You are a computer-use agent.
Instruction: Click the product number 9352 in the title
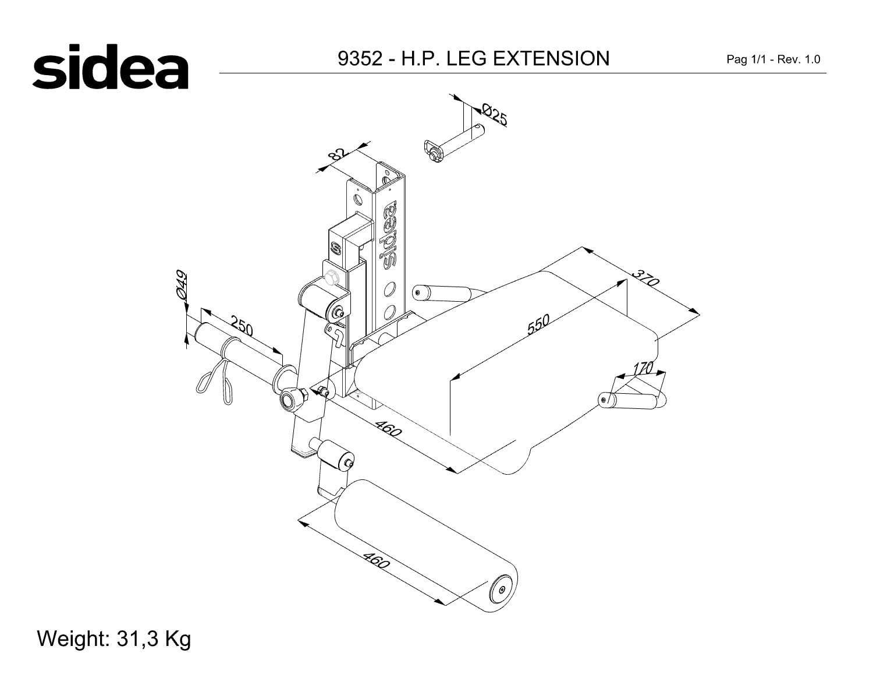(x=360, y=58)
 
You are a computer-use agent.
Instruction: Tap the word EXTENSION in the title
(x=551, y=58)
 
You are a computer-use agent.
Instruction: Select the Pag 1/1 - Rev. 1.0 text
(x=773, y=59)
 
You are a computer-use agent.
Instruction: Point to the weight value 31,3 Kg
(x=154, y=639)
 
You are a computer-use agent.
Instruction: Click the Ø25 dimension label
(x=495, y=114)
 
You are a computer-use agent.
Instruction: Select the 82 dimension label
(x=338, y=154)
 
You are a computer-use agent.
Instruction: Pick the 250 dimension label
(x=242, y=326)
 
